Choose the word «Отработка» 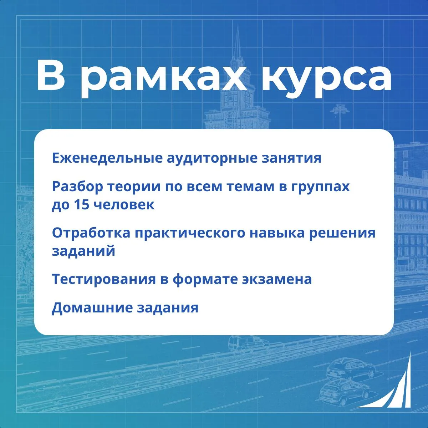[91, 233]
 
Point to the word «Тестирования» [104, 279]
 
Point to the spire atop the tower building [238, 40]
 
